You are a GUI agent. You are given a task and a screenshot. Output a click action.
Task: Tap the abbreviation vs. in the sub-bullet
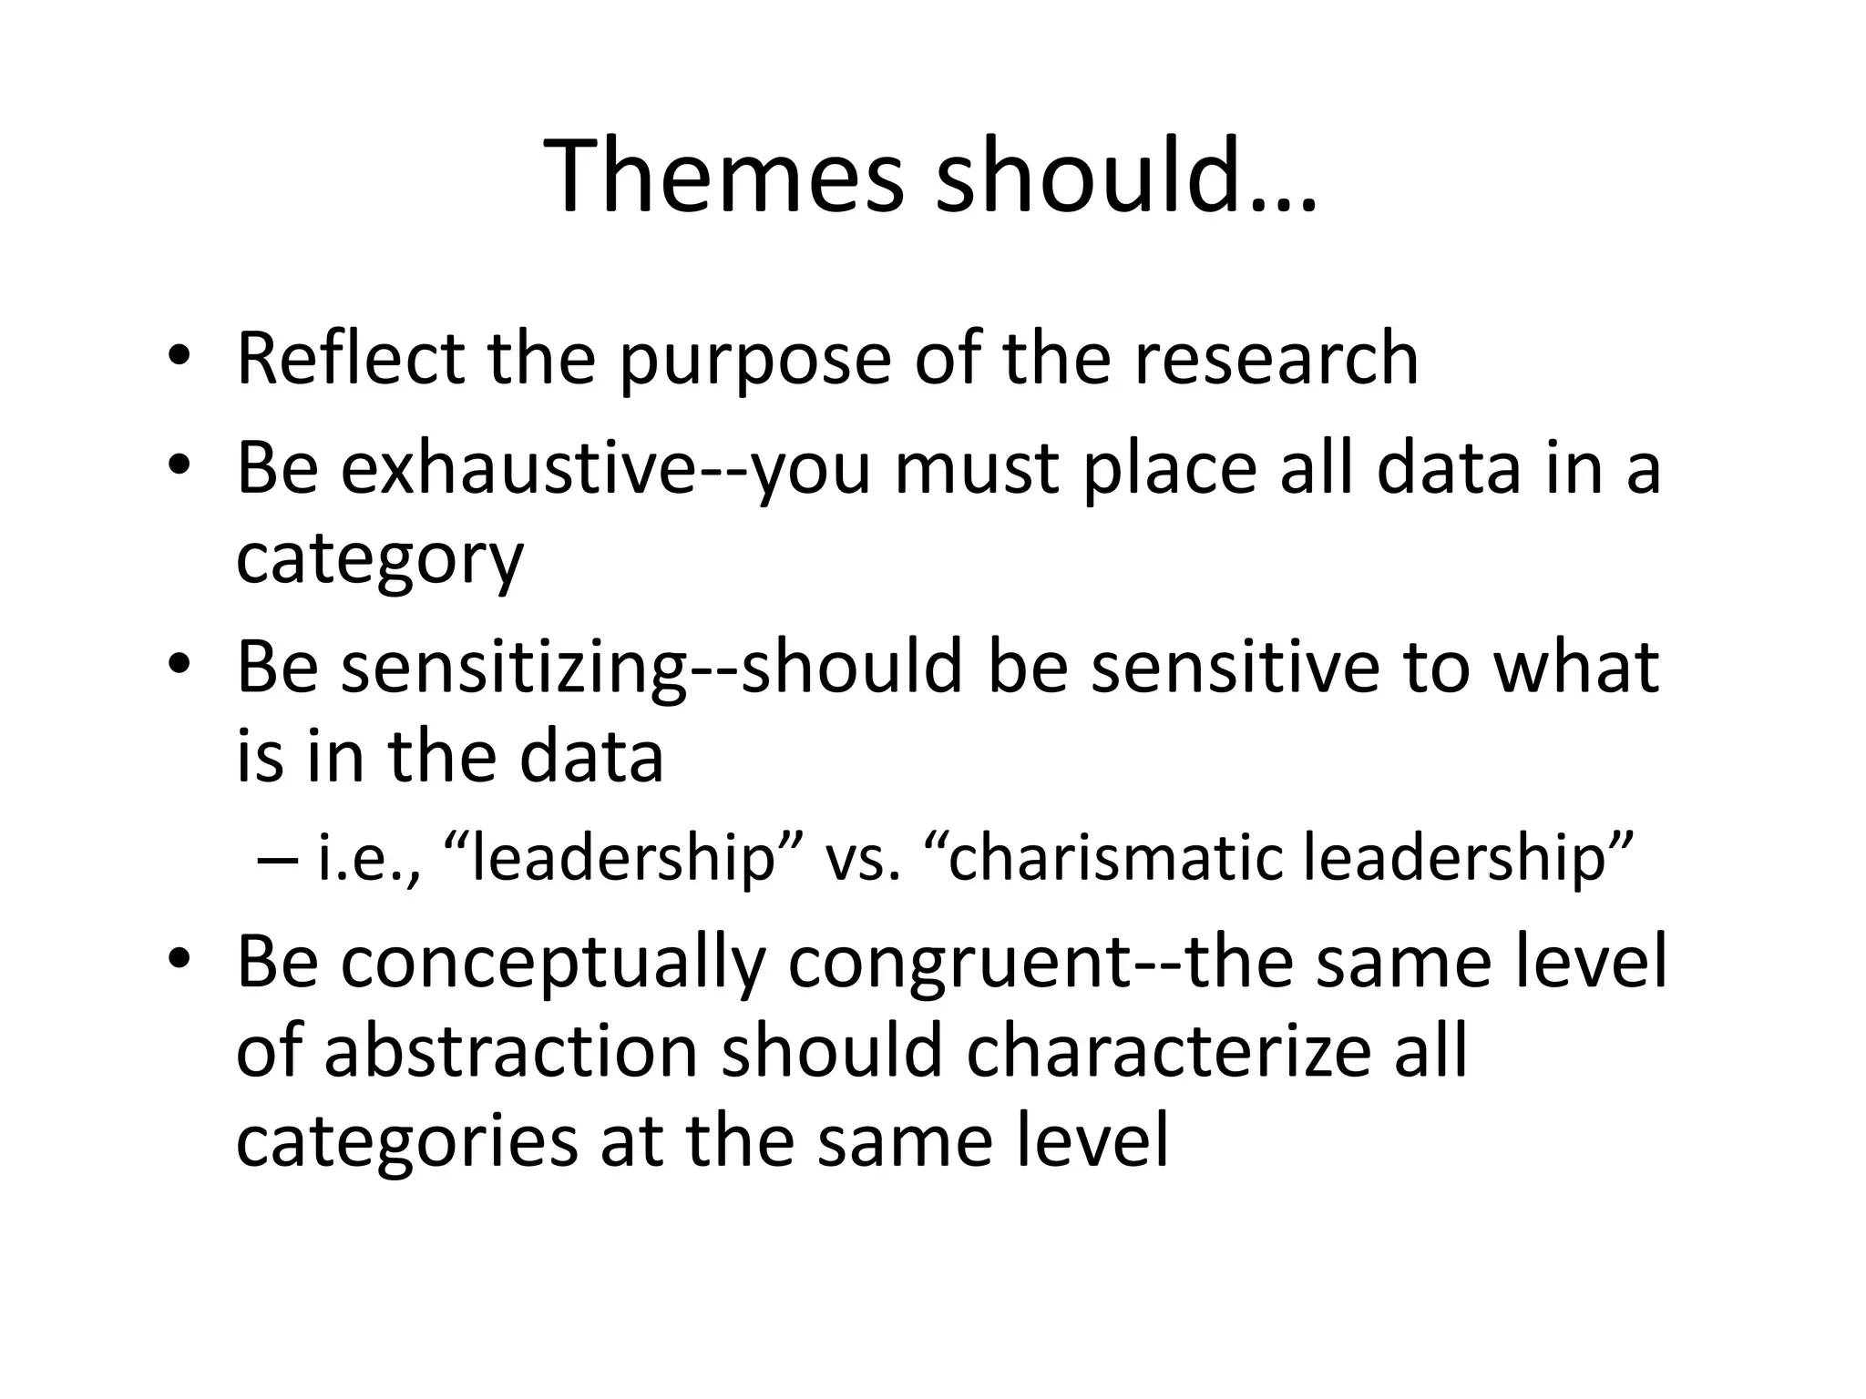click(x=862, y=862)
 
